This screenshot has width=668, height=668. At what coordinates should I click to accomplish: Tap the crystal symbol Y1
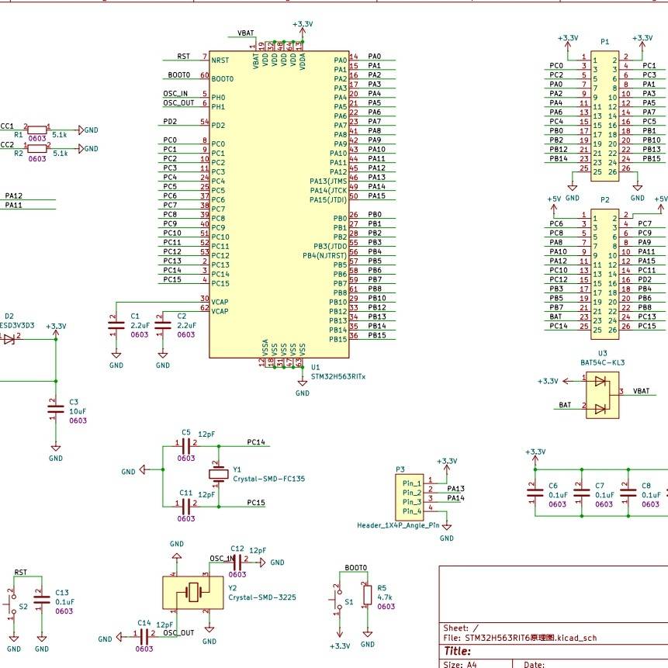218,474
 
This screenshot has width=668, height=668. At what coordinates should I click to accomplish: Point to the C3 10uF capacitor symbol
55,410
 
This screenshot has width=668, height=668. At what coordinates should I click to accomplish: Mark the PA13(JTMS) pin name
327,178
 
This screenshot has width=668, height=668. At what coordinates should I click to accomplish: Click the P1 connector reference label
604,41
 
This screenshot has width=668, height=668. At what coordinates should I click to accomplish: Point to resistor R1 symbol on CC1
36,130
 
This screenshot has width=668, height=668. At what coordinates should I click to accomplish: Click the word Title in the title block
457,652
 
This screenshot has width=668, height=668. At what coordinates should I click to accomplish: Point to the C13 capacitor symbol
42,597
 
